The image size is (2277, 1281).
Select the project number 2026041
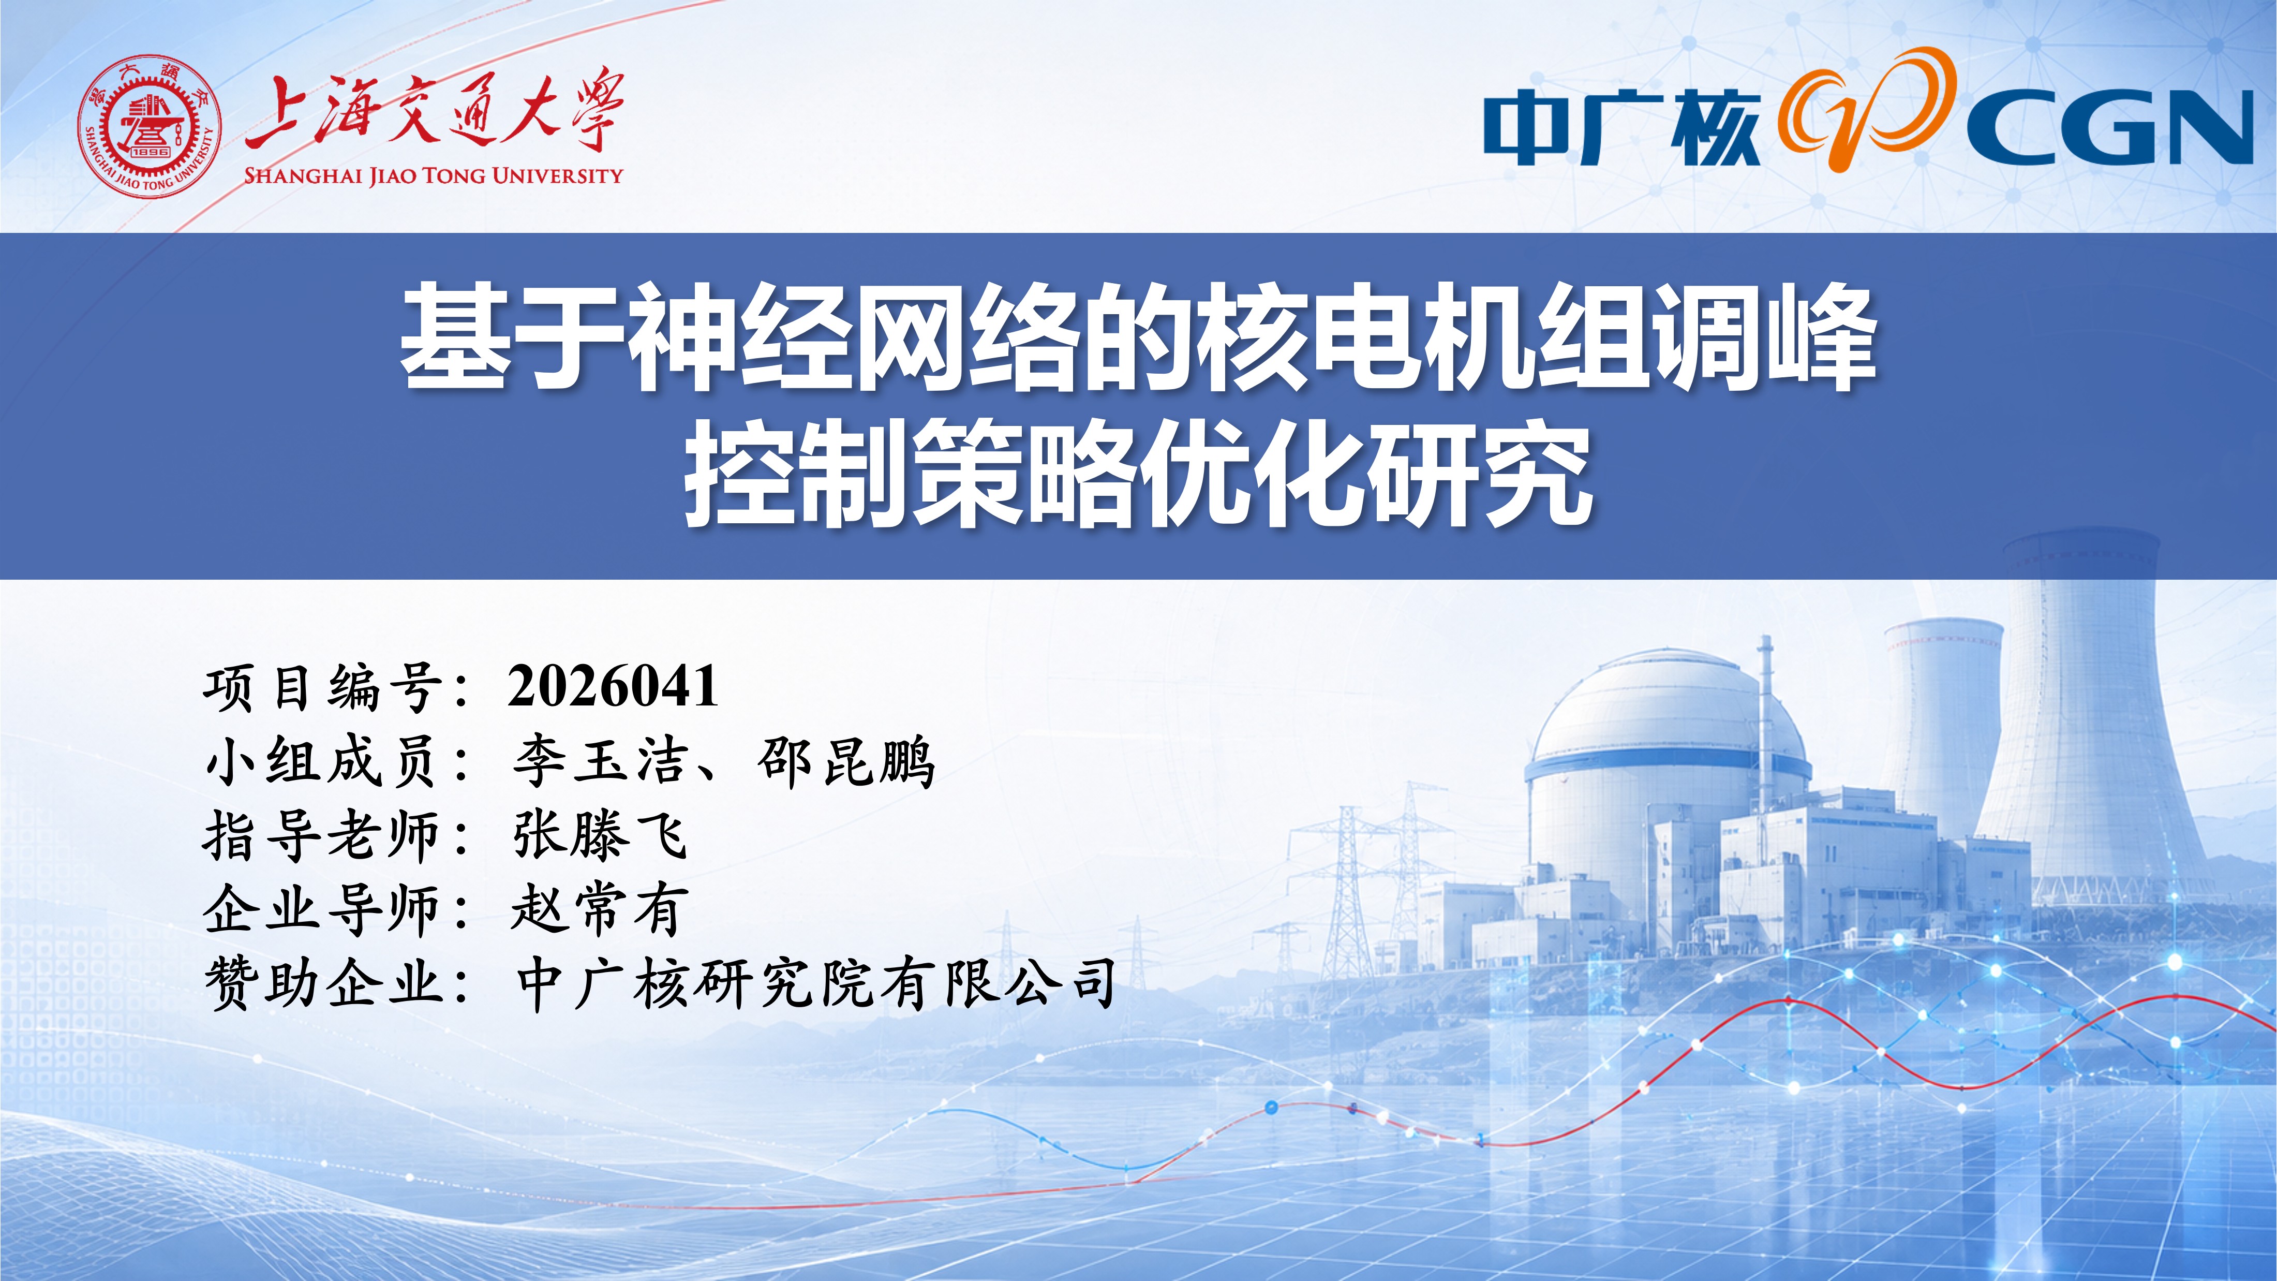(x=614, y=687)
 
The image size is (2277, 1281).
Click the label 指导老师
(x=323, y=835)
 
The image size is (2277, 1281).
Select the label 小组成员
(x=323, y=761)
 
